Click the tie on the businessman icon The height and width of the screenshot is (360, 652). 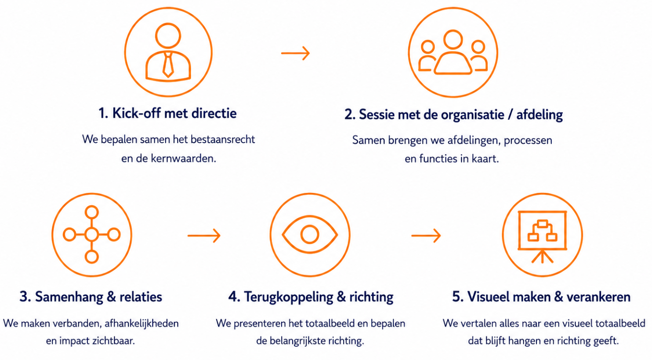click(168, 64)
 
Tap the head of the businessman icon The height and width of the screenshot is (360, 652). click(168, 35)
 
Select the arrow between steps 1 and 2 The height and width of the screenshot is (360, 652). click(295, 53)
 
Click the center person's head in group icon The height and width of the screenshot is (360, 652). click(453, 40)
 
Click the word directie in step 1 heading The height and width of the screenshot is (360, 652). click(214, 113)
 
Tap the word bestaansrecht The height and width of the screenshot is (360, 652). click(223, 139)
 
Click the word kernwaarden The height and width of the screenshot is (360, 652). click(183, 159)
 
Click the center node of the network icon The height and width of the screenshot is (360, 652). click(92, 234)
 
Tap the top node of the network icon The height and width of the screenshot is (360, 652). click(92, 212)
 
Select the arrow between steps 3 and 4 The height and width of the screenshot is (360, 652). click(204, 235)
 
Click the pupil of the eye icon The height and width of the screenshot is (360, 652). click(309, 234)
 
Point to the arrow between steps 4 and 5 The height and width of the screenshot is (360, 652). click(426, 235)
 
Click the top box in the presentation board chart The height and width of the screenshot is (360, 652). click(542, 224)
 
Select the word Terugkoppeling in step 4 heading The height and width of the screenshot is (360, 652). click(288, 297)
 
